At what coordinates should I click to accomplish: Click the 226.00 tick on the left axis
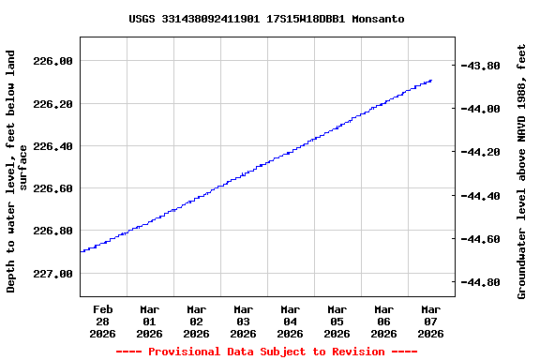tap(52, 61)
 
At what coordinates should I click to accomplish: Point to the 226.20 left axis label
tap(52, 103)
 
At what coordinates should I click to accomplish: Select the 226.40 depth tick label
tap(52, 146)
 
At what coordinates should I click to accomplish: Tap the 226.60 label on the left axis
tap(52, 188)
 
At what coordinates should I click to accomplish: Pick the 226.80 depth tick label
tap(52, 231)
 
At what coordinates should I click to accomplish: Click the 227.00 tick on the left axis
tap(52, 274)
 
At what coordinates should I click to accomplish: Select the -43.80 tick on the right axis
tap(485, 66)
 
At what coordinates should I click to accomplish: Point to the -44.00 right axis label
tap(485, 109)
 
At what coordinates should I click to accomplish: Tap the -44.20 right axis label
tap(485, 152)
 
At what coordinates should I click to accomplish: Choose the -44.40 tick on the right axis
tap(485, 196)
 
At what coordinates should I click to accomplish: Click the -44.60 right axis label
tap(485, 239)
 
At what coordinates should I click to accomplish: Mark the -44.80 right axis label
tap(485, 282)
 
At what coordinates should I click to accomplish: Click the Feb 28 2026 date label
tap(103, 321)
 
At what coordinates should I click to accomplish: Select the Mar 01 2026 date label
tap(150, 321)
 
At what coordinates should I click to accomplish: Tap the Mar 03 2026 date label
tap(244, 321)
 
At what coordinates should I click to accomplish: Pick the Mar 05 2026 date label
tap(337, 321)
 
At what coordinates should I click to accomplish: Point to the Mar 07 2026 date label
tap(431, 321)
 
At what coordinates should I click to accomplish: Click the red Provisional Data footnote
tap(266, 352)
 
